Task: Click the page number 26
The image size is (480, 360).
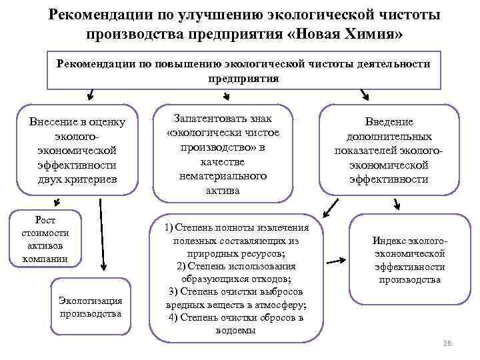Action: [447, 343]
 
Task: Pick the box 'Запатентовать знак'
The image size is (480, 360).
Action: [223, 153]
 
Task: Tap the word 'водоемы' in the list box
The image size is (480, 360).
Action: [235, 330]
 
